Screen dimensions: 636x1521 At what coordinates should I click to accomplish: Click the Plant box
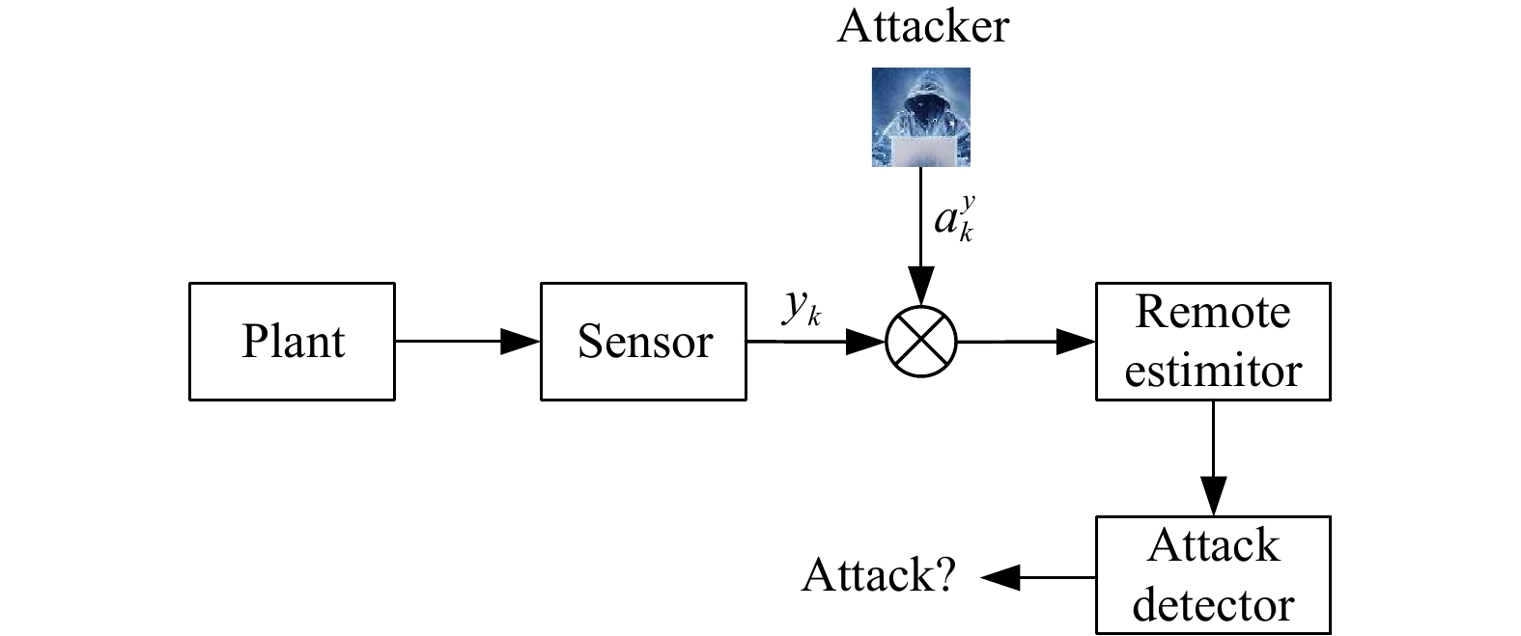[x=292, y=342]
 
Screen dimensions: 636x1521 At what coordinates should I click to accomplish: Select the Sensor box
[x=643, y=342]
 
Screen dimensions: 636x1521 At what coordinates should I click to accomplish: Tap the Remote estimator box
[x=1213, y=342]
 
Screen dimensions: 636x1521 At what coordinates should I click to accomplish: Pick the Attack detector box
[x=1213, y=576]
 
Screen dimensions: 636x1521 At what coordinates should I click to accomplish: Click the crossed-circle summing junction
[x=921, y=342]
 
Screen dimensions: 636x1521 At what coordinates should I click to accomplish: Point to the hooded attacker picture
[x=921, y=117]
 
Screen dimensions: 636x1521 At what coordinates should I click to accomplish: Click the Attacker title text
[x=922, y=26]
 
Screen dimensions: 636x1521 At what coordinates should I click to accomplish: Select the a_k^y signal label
[x=954, y=220]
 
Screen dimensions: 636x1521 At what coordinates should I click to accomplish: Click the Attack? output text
[x=879, y=576]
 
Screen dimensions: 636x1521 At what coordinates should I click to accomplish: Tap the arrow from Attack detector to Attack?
[x=1038, y=578]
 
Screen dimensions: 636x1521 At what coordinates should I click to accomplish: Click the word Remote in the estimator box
[x=1213, y=313]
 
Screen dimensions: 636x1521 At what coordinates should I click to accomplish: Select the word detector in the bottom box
[x=1213, y=605]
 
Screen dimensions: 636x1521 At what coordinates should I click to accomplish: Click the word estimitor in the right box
[x=1213, y=371]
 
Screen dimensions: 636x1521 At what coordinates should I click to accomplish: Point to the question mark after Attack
[x=944, y=576]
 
